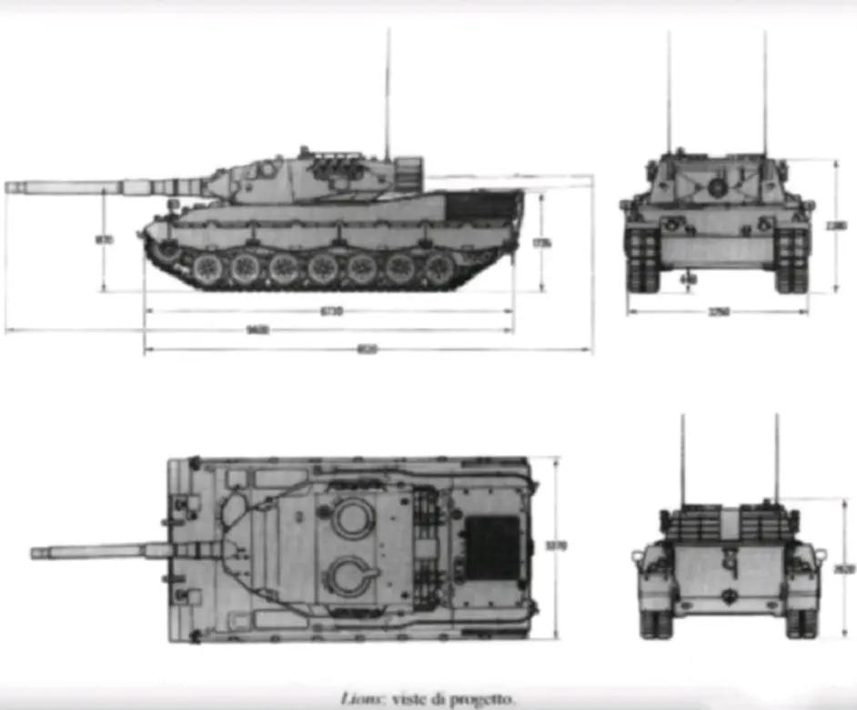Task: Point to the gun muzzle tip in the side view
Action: pos(9,187)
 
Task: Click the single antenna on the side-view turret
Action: pos(388,91)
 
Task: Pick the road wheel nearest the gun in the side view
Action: pos(206,267)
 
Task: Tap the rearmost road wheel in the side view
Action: pos(441,267)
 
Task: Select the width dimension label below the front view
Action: pos(719,312)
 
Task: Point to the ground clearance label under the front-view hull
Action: pos(689,279)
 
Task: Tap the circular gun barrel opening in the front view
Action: pos(717,188)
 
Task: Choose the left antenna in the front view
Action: pos(669,91)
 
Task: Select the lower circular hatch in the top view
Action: pos(353,577)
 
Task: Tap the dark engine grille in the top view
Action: pos(494,547)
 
